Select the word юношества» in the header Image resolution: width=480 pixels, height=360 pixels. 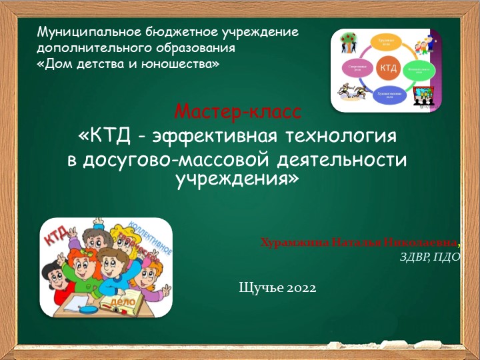click(185, 65)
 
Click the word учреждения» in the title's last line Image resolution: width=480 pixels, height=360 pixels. click(237, 179)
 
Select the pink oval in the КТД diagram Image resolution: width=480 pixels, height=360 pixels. click(355, 68)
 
